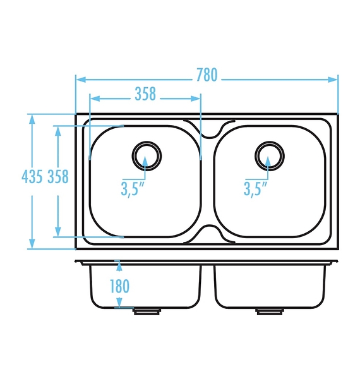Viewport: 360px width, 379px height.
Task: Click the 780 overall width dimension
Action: [x=207, y=75]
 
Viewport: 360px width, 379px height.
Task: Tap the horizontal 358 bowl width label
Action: [x=145, y=93]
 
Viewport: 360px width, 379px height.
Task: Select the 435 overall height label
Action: [x=32, y=176]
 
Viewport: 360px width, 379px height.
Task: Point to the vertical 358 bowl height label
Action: [x=58, y=176]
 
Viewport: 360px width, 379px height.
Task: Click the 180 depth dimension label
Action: [x=119, y=286]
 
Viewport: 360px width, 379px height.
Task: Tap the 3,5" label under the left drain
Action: [x=133, y=188]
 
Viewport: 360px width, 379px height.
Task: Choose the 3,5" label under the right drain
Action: [x=255, y=188]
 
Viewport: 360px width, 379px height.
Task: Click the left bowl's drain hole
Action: [x=147, y=156]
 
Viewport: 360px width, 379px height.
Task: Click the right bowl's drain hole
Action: [x=270, y=156]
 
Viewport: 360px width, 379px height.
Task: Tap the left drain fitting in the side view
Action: [x=147, y=311]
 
